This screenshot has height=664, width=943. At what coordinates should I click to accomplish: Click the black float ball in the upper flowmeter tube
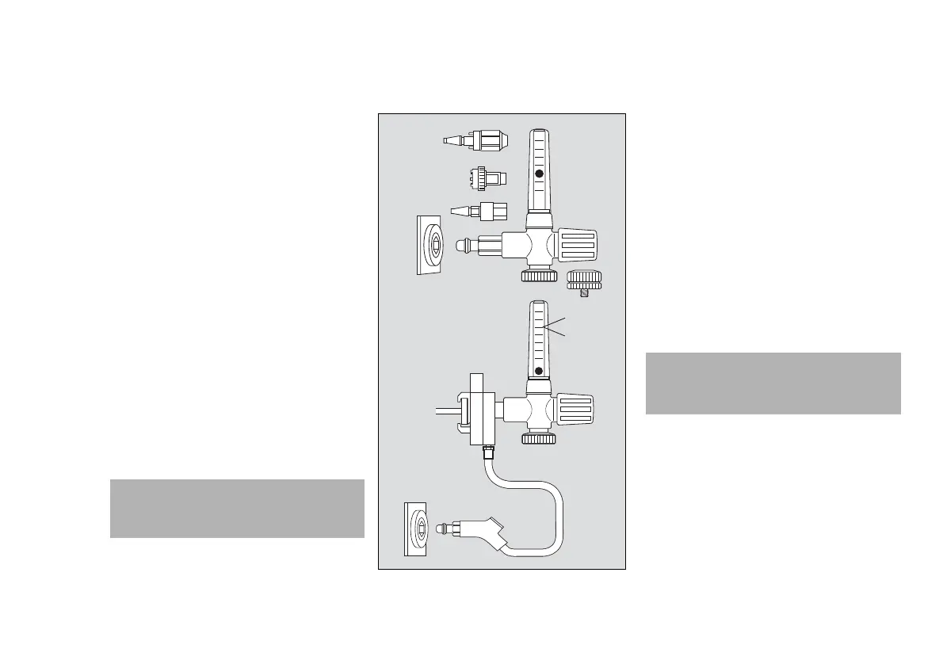click(539, 173)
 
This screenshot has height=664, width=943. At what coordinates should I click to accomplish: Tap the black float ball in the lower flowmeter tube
click(539, 370)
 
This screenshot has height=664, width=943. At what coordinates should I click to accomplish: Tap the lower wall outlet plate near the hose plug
click(418, 529)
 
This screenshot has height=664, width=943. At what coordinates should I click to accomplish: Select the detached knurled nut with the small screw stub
click(585, 279)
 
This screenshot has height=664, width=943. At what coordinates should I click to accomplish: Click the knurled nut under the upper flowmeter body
click(539, 275)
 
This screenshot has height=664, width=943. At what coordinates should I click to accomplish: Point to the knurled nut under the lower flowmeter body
click(539, 438)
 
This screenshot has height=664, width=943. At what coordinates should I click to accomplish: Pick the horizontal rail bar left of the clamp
click(448, 411)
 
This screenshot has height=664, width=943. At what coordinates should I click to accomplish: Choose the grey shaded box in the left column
click(237, 509)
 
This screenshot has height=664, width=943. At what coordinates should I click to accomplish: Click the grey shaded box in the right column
click(773, 384)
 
